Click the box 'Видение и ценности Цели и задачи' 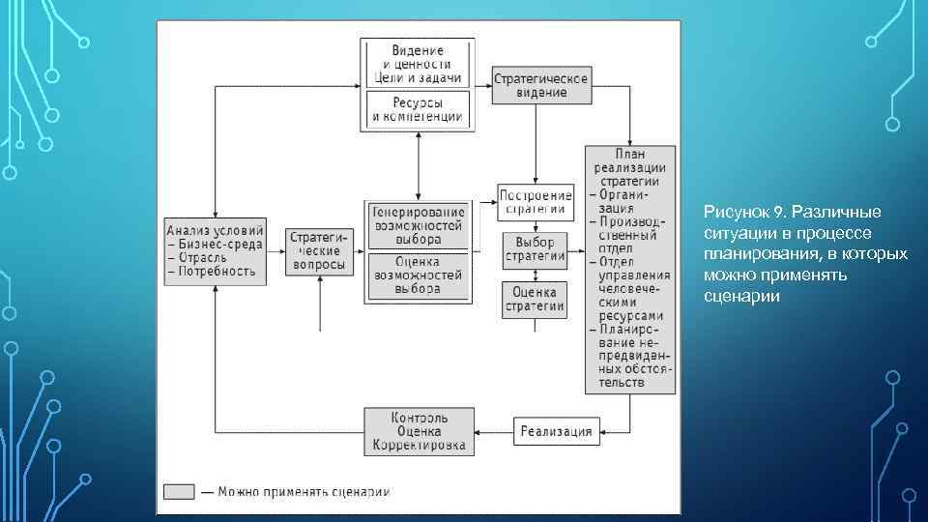tap(417, 64)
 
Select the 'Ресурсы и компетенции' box tap(417, 109)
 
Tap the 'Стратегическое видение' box tap(541, 84)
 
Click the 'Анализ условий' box tap(215, 250)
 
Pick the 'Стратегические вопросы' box tap(318, 250)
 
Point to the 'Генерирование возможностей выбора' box tap(418, 225)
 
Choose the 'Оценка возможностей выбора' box tap(418, 275)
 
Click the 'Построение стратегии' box tap(535, 202)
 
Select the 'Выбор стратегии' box tap(535, 248)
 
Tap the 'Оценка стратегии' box tap(535, 299)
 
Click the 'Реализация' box tap(555, 431)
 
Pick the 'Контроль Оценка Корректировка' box tap(419, 431)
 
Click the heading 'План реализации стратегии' tap(629, 166)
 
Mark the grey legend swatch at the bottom tap(178, 491)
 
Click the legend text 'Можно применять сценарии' tap(304, 491)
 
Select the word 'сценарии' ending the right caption tap(741, 296)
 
